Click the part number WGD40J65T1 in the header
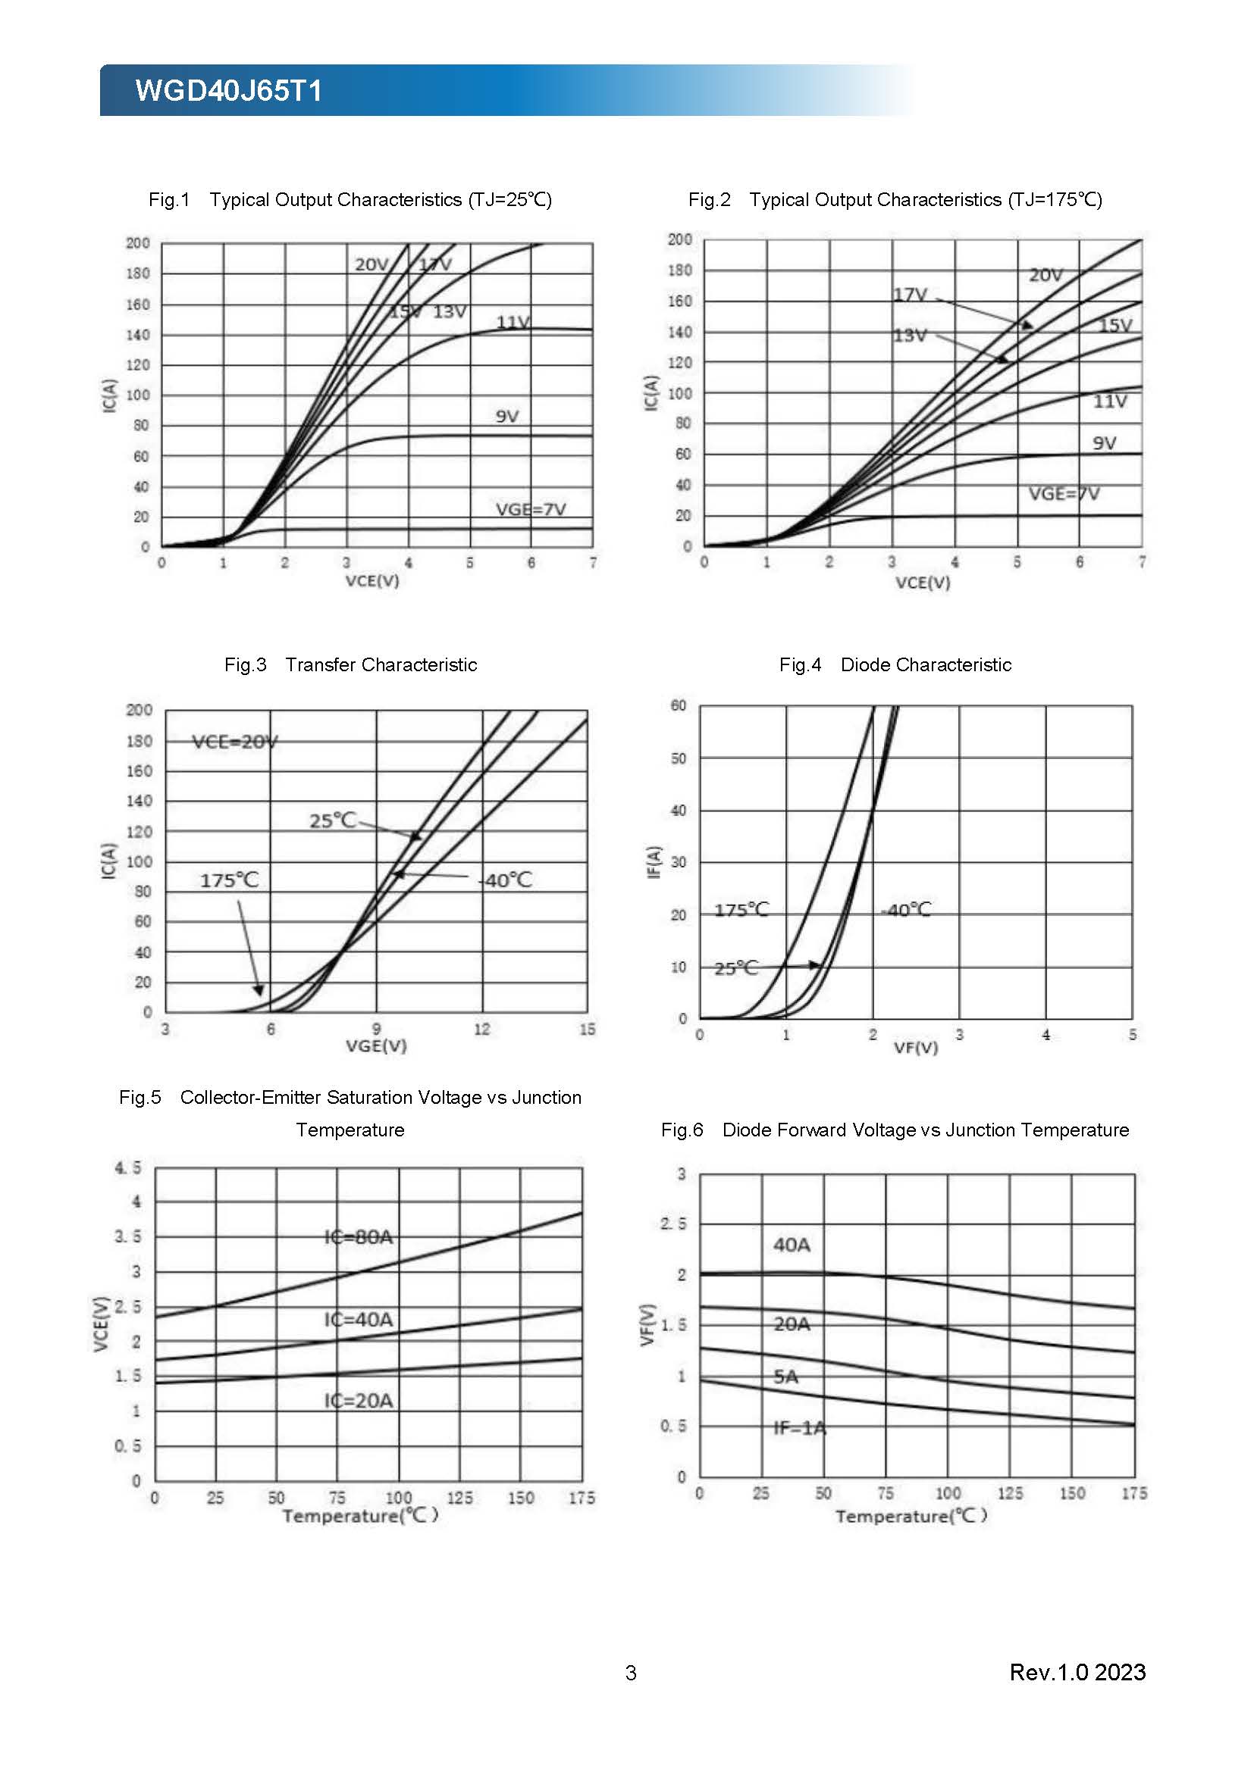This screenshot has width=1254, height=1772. pos(228,91)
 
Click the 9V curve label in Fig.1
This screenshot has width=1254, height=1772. pos(506,417)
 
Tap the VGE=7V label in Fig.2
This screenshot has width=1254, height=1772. pos(1063,493)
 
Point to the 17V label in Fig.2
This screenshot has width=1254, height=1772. pos(911,295)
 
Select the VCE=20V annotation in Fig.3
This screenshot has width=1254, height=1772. pos(235,742)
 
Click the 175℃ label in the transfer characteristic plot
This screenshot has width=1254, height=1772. pos(229,880)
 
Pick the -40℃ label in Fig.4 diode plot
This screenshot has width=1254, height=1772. pos(906,910)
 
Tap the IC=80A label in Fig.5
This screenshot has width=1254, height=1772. pos(359,1237)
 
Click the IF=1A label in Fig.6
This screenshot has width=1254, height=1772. pos(800,1428)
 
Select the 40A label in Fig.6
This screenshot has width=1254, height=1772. pos(792,1245)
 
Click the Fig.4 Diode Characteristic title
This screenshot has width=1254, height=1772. pos(895,664)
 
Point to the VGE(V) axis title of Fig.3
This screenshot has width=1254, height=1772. pos(376,1045)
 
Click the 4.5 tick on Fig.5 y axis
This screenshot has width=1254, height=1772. pos(128,1167)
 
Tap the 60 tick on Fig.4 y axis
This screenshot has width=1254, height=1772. pos(678,705)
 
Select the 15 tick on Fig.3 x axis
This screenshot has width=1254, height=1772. pos(587,1029)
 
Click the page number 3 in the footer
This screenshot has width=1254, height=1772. pos(631,1673)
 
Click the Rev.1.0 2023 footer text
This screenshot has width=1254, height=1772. pos(1077,1672)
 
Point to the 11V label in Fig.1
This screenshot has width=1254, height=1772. pos(513,323)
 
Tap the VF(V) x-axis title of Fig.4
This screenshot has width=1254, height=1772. pos(916,1047)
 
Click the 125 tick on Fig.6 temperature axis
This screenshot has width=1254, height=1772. pos(1009,1493)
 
